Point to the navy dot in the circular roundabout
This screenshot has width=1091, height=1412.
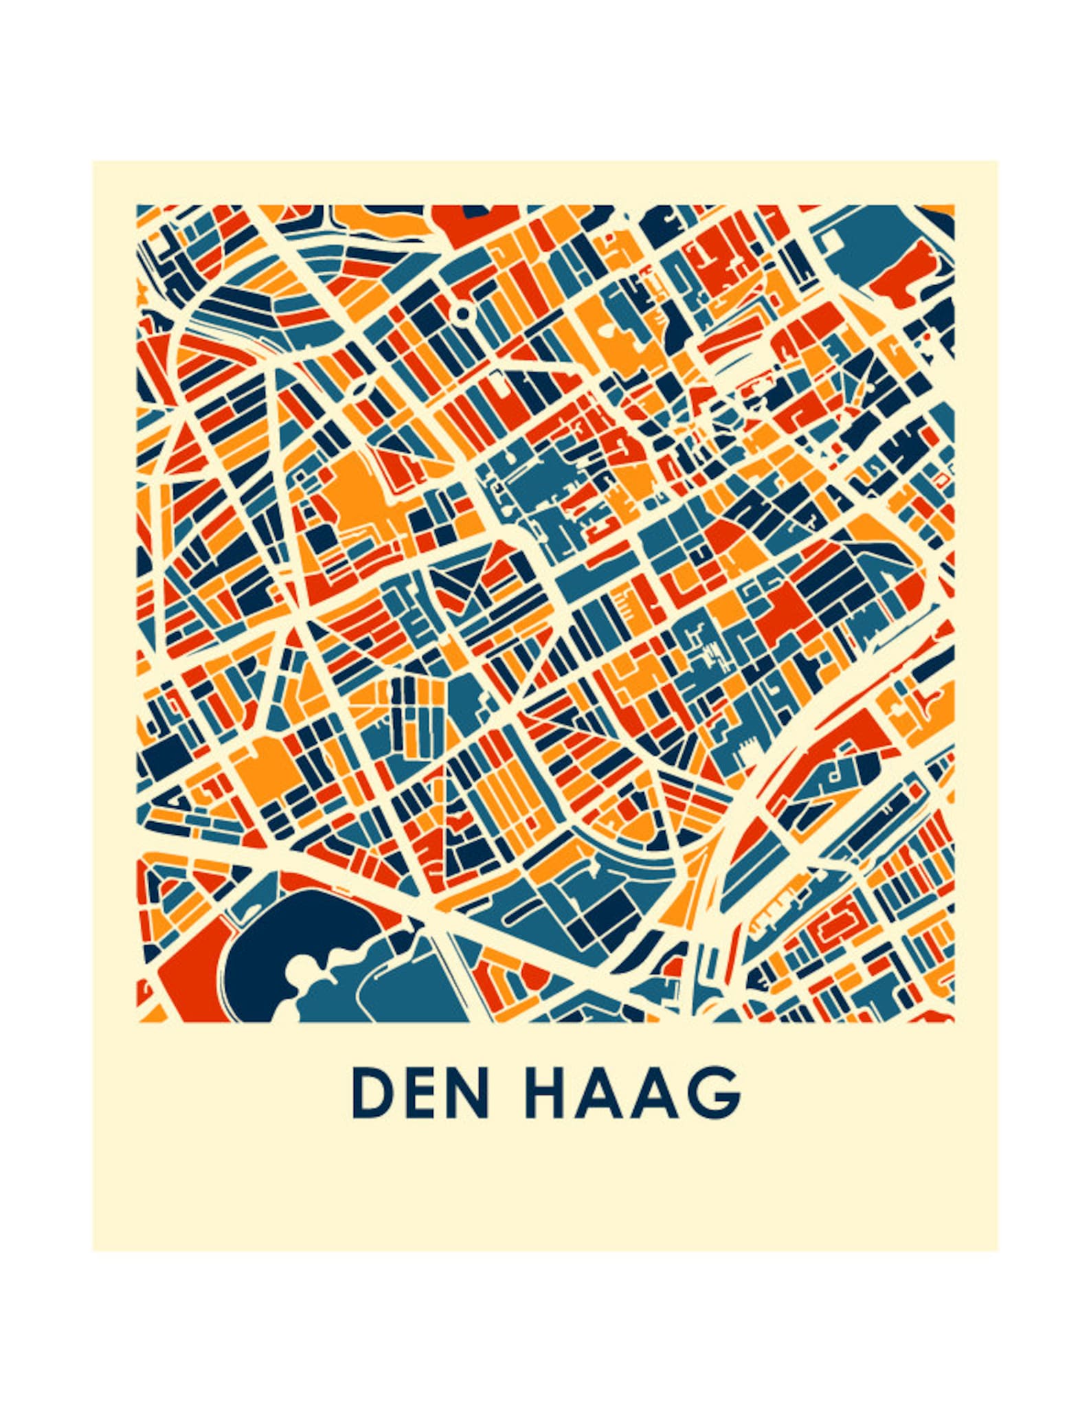tap(462, 313)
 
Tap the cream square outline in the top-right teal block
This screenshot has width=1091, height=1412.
tap(831, 238)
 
